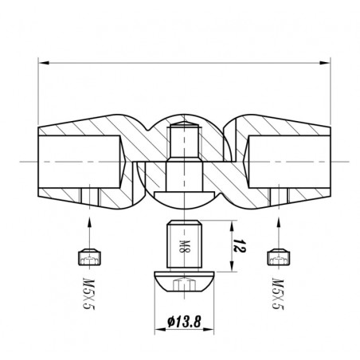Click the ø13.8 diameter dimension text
pyautogui.click(x=184, y=322)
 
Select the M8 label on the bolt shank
pyautogui.click(x=183, y=247)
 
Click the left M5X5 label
pyautogui.click(x=89, y=294)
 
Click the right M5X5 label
pyautogui.click(x=278, y=294)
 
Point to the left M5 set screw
pyautogui.click(x=90, y=257)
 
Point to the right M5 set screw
pyautogui.click(x=278, y=257)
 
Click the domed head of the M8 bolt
pyautogui.click(x=184, y=281)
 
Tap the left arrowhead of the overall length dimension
pyautogui.click(x=44, y=63)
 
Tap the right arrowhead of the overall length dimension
pyautogui.click(x=325, y=63)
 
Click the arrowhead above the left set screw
pyautogui.click(x=89, y=222)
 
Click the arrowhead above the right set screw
pyautogui.click(x=278, y=222)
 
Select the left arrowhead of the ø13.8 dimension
pyautogui.click(x=160, y=330)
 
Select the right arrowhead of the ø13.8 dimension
pyautogui.click(x=209, y=330)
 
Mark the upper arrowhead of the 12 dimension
pyautogui.click(x=232, y=226)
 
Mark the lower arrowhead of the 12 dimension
pyautogui.click(x=232, y=266)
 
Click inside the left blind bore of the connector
pyautogui.click(x=80, y=162)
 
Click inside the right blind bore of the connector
pyautogui.click(x=288, y=162)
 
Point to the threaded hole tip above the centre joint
pyautogui.click(x=184, y=124)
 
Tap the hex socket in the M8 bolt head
pyautogui.click(x=184, y=284)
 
